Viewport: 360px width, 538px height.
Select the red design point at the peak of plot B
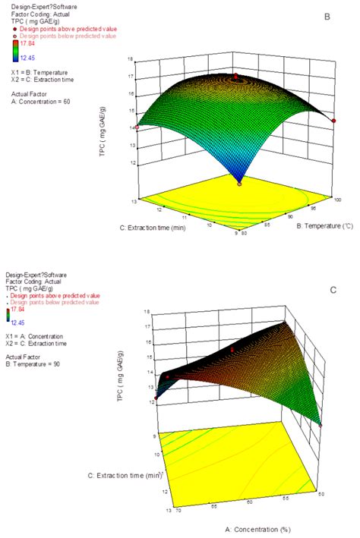pyautogui.click(x=235, y=76)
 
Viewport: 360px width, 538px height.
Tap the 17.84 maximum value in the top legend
pyautogui.click(x=30, y=42)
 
